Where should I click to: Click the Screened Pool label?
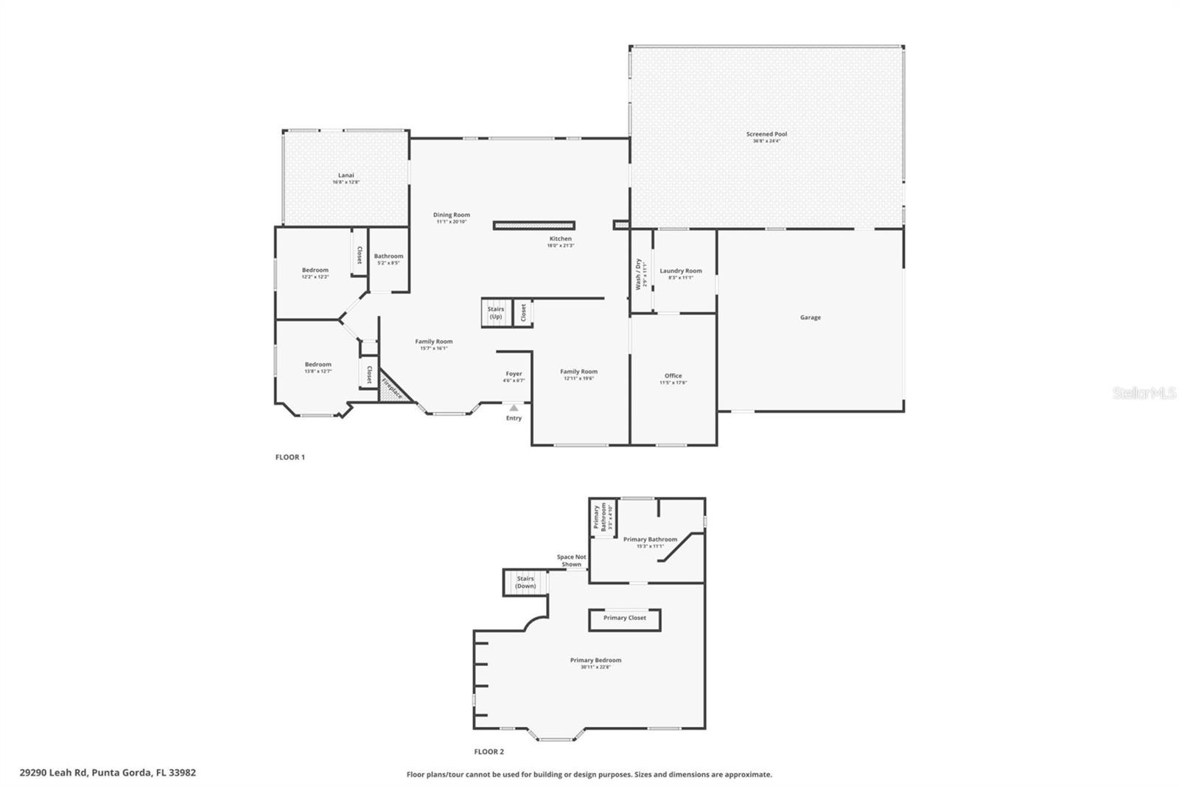pos(766,136)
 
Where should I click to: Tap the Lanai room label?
pos(346,178)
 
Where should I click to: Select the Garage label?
pos(810,318)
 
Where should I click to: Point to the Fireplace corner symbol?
pos(391,389)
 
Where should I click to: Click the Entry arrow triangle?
pos(514,408)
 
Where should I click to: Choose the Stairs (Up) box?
pos(496,313)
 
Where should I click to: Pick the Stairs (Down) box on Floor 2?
pos(525,582)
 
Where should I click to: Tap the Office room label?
pos(673,378)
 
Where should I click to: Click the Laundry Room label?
pos(680,274)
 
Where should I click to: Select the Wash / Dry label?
pos(641,274)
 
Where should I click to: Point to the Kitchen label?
pos(560,241)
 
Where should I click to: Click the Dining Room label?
pos(451,218)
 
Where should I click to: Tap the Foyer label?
pos(514,376)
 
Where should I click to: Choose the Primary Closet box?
pos(624,619)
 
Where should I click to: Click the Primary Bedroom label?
pos(595,662)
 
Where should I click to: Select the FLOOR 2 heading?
pos(489,752)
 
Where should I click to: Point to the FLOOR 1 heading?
pos(290,457)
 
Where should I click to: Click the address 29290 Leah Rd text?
pos(108,773)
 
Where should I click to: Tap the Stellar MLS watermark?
pos(1144,394)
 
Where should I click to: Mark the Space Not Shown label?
pos(571,560)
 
